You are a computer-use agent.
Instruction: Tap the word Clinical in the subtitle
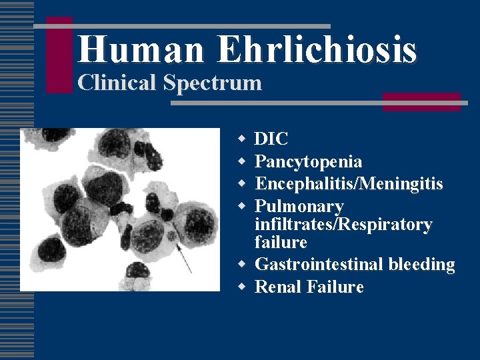tap(113, 83)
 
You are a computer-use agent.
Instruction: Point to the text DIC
tap(271, 139)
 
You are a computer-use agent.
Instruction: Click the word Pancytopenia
tap(309, 161)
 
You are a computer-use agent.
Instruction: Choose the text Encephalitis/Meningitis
tap(349, 183)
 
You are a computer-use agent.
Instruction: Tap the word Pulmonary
tap(299, 206)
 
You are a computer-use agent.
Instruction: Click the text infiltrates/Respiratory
tap(343, 225)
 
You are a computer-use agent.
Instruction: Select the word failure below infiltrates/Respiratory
tap(281, 242)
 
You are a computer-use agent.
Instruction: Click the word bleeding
tap(421, 265)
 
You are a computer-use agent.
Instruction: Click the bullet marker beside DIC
tap(242, 138)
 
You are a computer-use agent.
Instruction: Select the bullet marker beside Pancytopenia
tap(242, 161)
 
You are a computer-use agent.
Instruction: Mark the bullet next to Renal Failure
tap(242, 287)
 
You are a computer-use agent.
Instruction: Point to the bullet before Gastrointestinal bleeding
tap(242, 264)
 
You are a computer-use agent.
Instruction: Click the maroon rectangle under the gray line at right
tap(421, 102)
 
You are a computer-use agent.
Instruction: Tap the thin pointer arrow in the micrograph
tap(185, 256)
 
